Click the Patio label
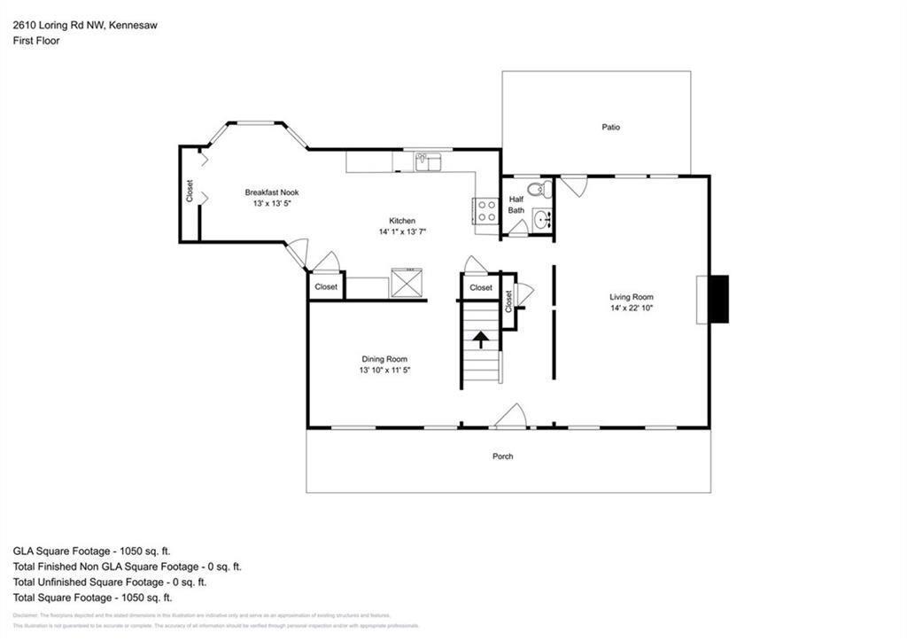(x=610, y=128)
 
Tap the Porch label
(x=502, y=457)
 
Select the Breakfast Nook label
(x=271, y=192)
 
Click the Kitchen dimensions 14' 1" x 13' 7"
(x=403, y=232)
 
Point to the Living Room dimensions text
(x=632, y=309)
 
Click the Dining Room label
(x=384, y=359)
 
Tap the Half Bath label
(x=516, y=205)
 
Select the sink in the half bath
(x=542, y=220)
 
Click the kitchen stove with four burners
(x=486, y=210)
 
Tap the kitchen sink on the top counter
(x=428, y=161)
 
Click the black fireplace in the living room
(x=718, y=299)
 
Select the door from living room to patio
(x=574, y=185)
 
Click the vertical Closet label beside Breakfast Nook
(x=190, y=192)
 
